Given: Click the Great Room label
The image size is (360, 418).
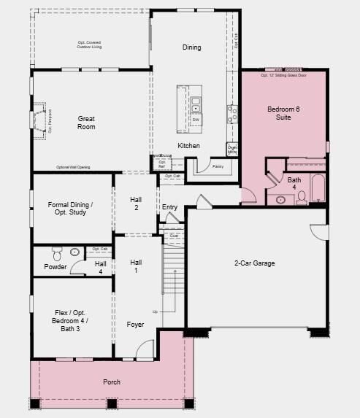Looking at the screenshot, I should point(86,123).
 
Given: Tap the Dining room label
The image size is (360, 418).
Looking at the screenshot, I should point(191,48).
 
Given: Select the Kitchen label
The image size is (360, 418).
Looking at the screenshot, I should point(188,146).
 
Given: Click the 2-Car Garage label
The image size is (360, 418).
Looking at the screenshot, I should point(254,263).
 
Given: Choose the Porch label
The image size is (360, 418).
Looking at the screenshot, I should point(112,382).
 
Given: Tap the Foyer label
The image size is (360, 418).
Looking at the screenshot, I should point(135,325).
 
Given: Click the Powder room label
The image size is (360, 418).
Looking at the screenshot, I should point(55,267).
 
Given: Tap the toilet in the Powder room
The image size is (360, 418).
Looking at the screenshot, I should point(57,254).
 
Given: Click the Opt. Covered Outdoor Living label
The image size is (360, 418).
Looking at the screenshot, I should point(90,44).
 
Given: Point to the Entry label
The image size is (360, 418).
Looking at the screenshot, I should point(169,207).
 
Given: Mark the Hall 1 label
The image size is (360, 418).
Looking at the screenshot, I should point(136,266).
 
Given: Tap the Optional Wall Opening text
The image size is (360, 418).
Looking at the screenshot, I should point(73,168).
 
